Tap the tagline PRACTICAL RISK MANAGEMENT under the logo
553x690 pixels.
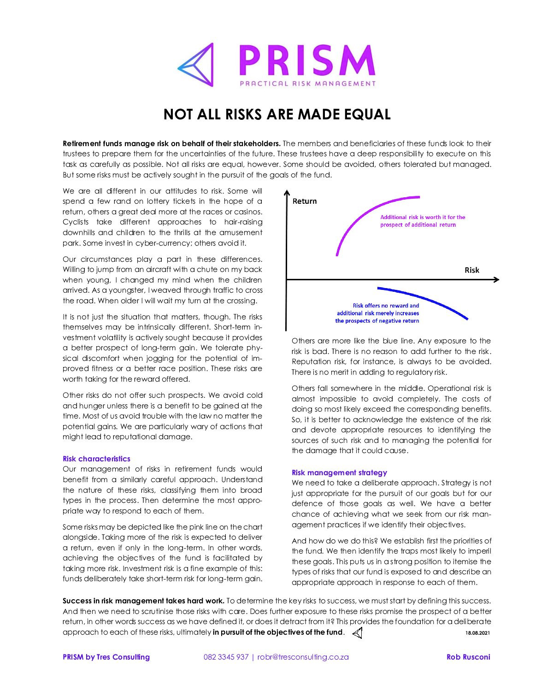tap(307, 83)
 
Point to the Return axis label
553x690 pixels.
tap(305, 201)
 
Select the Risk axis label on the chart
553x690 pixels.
tap(471, 270)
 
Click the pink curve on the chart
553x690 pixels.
tap(364, 212)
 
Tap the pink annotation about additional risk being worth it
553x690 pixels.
tap(423, 221)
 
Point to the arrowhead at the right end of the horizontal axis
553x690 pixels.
tap(496, 279)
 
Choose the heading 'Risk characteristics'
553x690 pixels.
tap(96, 459)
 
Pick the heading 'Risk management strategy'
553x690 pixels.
tap(339, 472)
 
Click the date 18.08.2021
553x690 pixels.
tap(478, 633)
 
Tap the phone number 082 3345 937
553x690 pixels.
tap(226, 657)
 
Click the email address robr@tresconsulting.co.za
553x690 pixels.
tap(303, 657)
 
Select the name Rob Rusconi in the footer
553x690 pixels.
tap(468, 657)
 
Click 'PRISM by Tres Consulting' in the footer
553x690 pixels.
tap(106, 657)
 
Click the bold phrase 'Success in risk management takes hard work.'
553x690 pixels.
tap(143, 601)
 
